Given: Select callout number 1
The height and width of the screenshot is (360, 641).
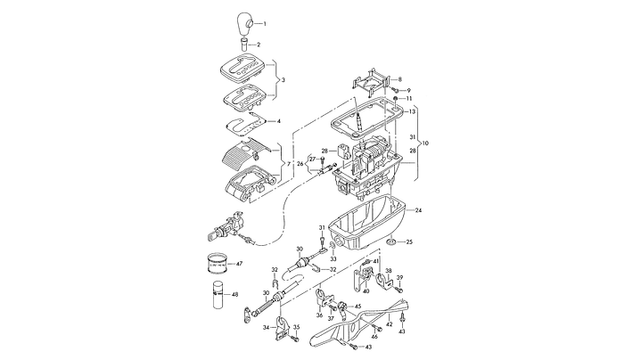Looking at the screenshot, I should [x=264, y=20].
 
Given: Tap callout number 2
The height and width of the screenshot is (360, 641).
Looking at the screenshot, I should [x=259, y=44].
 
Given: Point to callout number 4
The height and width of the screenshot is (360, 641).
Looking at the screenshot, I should [x=279, y=120].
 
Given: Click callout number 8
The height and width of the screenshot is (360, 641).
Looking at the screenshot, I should [x=399, y=79].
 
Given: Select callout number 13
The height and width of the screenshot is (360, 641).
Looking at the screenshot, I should [x=413, y=112].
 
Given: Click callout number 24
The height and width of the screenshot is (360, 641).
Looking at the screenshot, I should [x=418, y=210].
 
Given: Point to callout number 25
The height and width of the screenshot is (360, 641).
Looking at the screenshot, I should [x=410, y=241].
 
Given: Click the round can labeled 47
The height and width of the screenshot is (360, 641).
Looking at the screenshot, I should [x=218, y=265].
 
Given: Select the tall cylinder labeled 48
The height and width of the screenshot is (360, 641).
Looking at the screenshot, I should [x=218, y=296].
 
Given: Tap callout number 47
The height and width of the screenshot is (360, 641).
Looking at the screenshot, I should [x=239, y=264].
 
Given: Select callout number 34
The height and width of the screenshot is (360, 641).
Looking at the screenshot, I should [x=265, y=328].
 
